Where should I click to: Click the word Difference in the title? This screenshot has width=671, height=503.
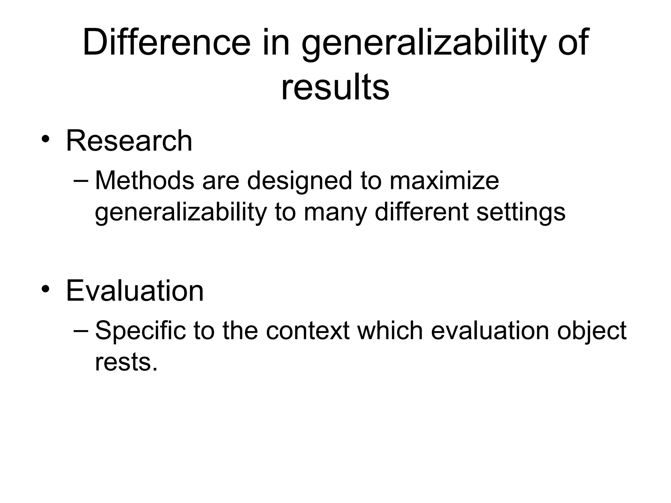tap(166, 43)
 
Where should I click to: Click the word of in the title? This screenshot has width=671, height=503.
tap(573, 43)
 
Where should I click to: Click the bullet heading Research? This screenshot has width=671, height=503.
tap(129, 141)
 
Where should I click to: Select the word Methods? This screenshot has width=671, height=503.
tap(144, 181)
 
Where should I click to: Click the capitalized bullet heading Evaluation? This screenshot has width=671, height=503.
tap(135, 291)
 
